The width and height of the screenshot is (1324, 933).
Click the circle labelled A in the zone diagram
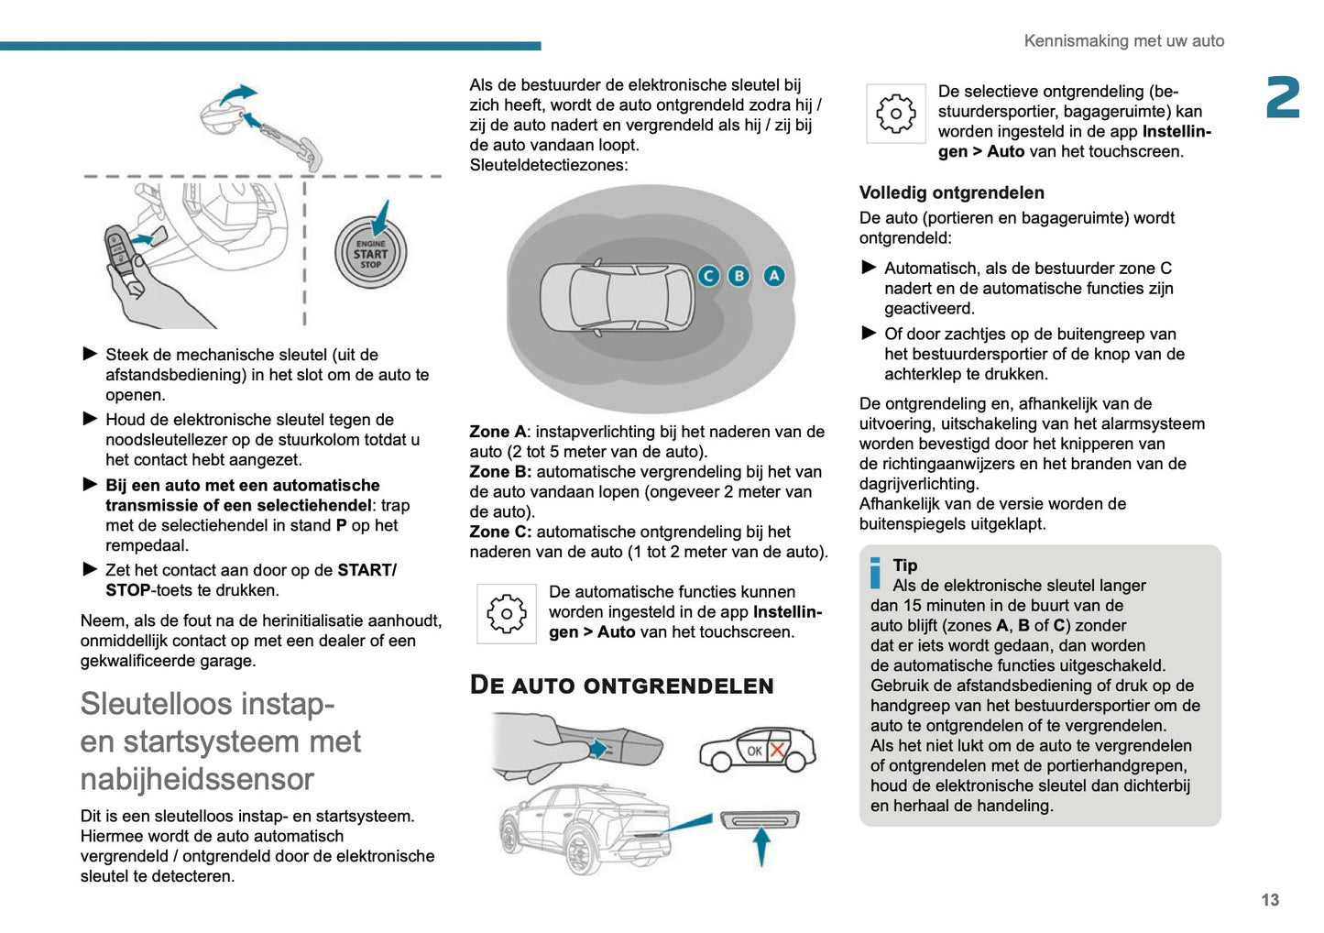tap(774, 275)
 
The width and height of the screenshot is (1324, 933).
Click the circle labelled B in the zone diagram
tap(739, 275)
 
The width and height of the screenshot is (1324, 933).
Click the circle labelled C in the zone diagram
tap(708, 275)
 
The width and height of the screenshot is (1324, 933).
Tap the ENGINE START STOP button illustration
tap(370, 254)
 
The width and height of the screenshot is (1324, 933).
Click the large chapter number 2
tap(1283, 98)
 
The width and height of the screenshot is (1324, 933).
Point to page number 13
tap(1270, 900)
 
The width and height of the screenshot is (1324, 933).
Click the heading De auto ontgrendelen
tap(621, 686)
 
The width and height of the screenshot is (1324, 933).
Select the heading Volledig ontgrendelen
tap(951, 192)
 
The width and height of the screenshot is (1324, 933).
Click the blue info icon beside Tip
tap(875, 573)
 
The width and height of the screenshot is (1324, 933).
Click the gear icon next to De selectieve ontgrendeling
tap(895, 114)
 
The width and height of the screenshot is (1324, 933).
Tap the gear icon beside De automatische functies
tap(506, 613)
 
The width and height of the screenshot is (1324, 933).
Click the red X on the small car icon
tap(777, 750)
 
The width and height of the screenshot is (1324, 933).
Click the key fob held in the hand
tap(120, 249)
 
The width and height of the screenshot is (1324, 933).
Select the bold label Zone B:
tap(500, 472)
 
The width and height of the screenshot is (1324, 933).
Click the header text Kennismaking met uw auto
tap(1123, 40)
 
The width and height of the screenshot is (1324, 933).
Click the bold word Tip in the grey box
tap(904, 565)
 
